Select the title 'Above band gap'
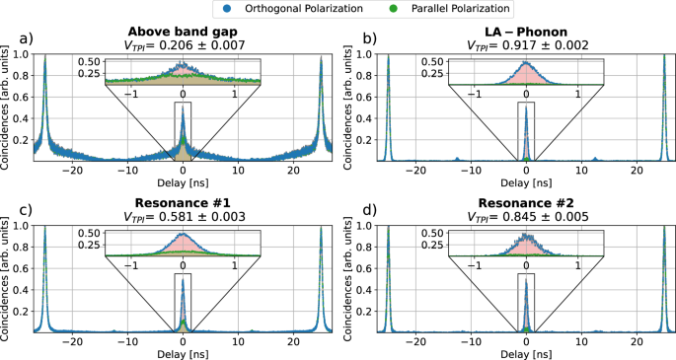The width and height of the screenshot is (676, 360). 183,29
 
